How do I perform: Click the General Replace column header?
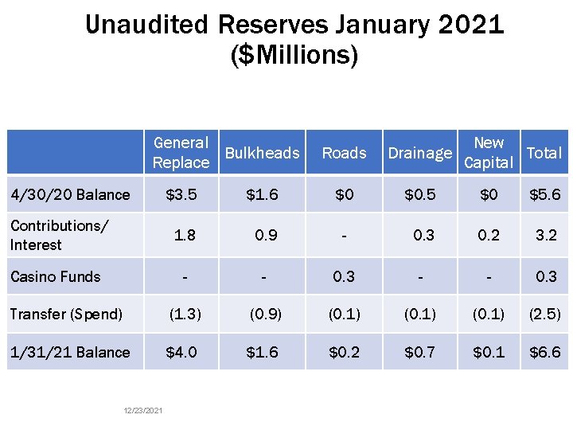[x=181, y=152]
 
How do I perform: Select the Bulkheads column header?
[x=262, y=153]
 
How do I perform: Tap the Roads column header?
[x=344, y=153]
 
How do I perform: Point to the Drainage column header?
[x=419, y=153]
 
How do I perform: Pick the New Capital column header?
[x=488, y=152]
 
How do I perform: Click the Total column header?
[x=544, y=153]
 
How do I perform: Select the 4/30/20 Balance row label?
[x=70, y=194]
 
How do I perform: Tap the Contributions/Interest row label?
[x=58, y=235]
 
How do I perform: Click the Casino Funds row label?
[x=56, y=276]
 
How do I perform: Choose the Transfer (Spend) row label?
[x=66, y=314]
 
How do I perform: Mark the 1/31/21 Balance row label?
[x=70, y=352]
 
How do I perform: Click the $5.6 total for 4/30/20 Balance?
[x=544, y=194]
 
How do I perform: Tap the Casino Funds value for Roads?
[x=344, y=276]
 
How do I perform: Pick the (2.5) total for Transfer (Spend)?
[x=544, y=314]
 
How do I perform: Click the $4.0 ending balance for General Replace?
[x=181, y=352]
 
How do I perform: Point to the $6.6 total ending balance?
[x=544, y=352]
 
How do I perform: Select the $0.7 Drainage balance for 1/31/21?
[x=419, y=352]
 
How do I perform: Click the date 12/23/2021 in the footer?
[x=143, y=410]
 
